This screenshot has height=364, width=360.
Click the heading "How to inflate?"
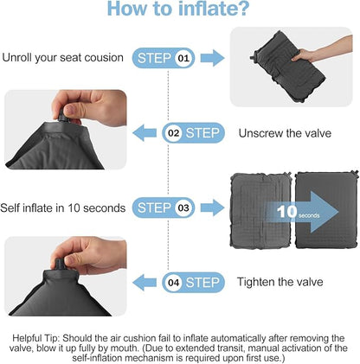(x=179, y=11)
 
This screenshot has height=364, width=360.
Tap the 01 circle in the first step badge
(x=183, y=59)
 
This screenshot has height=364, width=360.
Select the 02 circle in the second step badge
(x=173, y=133)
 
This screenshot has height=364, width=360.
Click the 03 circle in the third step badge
(x=183, y=208)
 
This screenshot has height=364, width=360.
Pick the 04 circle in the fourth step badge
(x=173, y=282)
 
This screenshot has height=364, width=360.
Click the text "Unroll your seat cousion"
(x=62, y=59)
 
